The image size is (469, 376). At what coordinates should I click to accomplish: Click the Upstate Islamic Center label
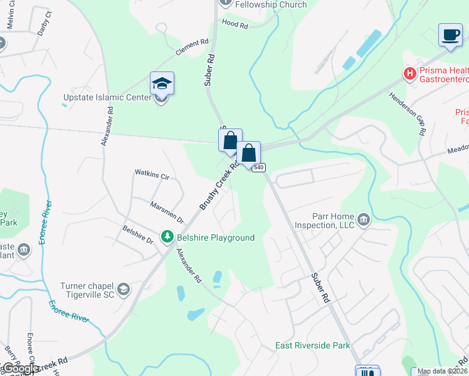[x=107, y=98]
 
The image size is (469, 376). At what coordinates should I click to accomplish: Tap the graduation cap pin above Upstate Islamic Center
[x=162, y=84]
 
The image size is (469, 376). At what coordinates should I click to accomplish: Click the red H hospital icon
[x=410, y=74]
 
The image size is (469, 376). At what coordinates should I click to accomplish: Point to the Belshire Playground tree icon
[x=167, y=237]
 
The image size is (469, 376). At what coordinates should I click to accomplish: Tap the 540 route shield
[x=259, y=167]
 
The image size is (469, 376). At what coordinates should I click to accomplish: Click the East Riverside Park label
[x=312, y=345]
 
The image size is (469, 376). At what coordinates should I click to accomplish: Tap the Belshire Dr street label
[x=138, y=235]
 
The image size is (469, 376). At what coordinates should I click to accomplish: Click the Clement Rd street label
[x=191, y=48]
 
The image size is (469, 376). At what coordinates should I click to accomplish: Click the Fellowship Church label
[x=271, y=5]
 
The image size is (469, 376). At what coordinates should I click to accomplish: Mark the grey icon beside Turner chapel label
[x=124, y=289]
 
